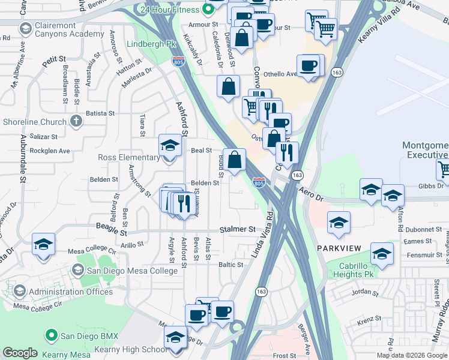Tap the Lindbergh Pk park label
(x=151, y=44)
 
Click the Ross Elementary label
(x=128, y=158)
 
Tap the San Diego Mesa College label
(x=132, y=271)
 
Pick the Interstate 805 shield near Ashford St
(x=178, y=61)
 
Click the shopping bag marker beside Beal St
(x=235, y=160)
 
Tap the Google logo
(x=20, y=353)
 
